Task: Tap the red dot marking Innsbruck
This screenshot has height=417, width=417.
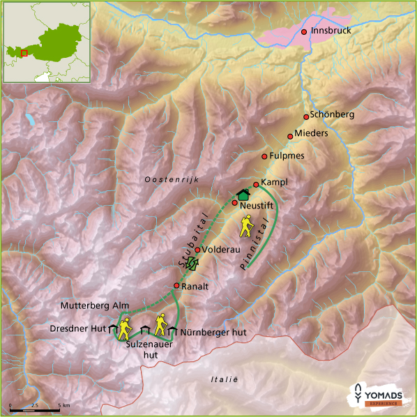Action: pos(304,31)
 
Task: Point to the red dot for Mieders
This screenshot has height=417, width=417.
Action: pos(290,136)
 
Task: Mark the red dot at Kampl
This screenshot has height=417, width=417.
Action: pos(256,184)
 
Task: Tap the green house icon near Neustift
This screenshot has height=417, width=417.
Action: pos(243,195)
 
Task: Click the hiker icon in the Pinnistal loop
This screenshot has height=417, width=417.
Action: pos(247,225)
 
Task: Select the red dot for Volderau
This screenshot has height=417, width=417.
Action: pos(197,250)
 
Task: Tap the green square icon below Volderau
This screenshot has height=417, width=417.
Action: pos(193,263)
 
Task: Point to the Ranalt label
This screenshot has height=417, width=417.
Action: pos(195,286)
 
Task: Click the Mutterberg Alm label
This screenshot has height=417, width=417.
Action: pos(95,305)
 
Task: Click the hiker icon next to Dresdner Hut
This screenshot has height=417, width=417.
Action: pos(125,326)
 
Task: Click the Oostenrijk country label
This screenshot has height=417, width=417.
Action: pos(172,180)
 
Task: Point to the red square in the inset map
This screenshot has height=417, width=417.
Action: pos(24,52)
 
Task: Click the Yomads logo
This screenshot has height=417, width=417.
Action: pos(377,394)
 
